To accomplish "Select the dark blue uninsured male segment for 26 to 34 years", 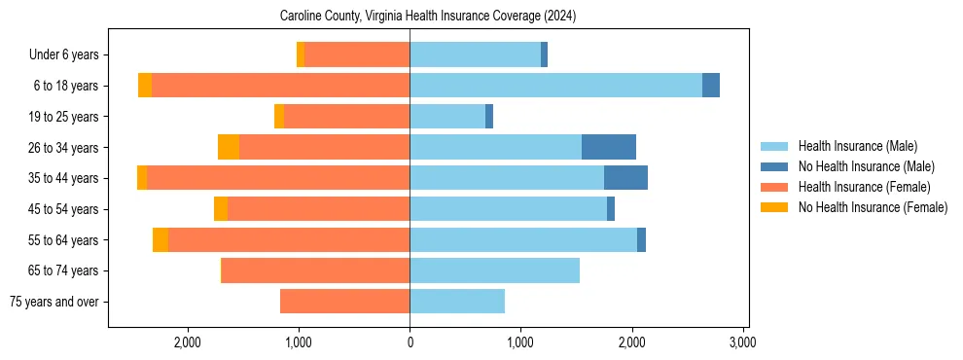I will [x=609, y=147].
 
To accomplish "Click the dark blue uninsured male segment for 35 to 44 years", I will [x=625, y=177].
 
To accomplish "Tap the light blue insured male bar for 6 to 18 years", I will [x=555, y=85].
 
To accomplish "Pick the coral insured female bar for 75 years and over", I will [x=344, y=302].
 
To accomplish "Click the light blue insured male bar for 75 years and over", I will [x=457, y=302].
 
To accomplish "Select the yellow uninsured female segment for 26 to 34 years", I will [x=229, y=147].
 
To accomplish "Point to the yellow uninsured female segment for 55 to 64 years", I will [x=160, y=239].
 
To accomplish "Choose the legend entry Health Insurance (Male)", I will [x=857, y=146].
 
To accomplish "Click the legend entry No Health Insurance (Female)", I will [x=873, y=207].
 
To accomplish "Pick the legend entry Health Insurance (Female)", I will [x=863, y=187].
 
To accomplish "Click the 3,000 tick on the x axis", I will [x=743, y=342].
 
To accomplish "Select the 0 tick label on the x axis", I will [x=410, y=342].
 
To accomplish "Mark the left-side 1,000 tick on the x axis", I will [x=298, y=342].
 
